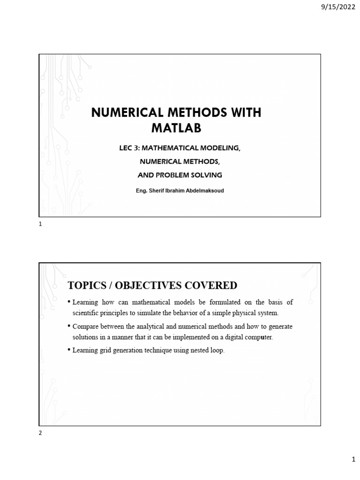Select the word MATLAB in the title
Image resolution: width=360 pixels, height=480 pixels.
pos(176,128)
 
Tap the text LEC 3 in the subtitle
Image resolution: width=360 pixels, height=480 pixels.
pos(129,148)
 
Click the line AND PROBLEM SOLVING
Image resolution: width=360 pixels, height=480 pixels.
pos(180,175)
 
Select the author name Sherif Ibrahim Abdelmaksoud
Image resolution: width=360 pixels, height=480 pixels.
pos(180,191)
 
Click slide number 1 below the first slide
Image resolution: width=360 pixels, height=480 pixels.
pos(40,225)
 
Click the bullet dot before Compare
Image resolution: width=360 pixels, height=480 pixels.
pos(69,325)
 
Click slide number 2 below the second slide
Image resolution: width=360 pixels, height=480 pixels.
pos(40,434)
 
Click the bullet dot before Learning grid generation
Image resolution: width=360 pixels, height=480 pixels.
pos(69,349)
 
